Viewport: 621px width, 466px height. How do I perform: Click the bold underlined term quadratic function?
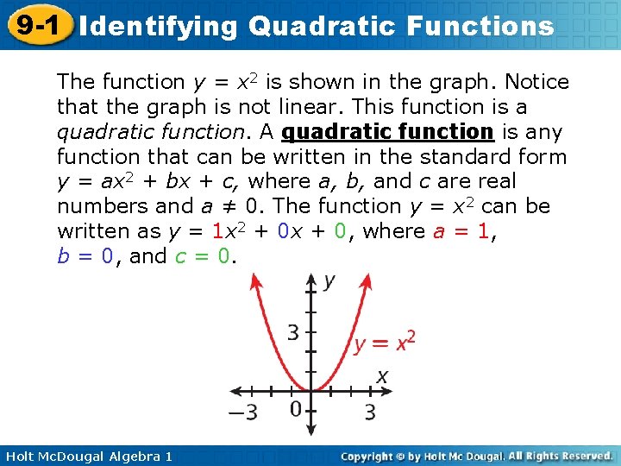coord(387,132)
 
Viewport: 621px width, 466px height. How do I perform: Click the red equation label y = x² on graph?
coord(384,343)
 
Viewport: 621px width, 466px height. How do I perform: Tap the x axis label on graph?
coord(381,376)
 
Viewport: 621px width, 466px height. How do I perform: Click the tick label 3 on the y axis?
coord(293,331)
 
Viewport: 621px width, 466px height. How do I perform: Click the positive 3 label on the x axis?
coord(369,412)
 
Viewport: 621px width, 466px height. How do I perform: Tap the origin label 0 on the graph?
coord(295,407)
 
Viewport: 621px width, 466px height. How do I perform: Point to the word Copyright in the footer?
coord(373,456)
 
